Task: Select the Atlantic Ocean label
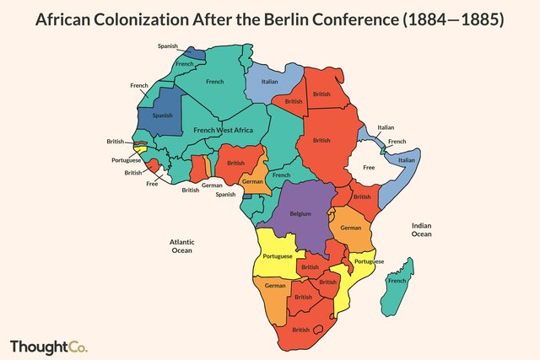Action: coord(181,245)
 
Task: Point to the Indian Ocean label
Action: coord(422,229)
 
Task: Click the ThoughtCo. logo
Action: coord(48,347)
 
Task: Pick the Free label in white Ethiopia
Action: coord(368,168)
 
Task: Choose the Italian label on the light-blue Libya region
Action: coord(268,82)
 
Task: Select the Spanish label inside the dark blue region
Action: coord(162,115)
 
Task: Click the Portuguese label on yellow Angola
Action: coord(278,256)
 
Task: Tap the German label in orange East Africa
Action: coord(350,228)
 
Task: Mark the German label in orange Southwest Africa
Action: coord(275,286)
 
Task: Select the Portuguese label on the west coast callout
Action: coord(127,159)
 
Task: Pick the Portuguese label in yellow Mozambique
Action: coord(369,261)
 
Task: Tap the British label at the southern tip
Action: coord(301,330)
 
